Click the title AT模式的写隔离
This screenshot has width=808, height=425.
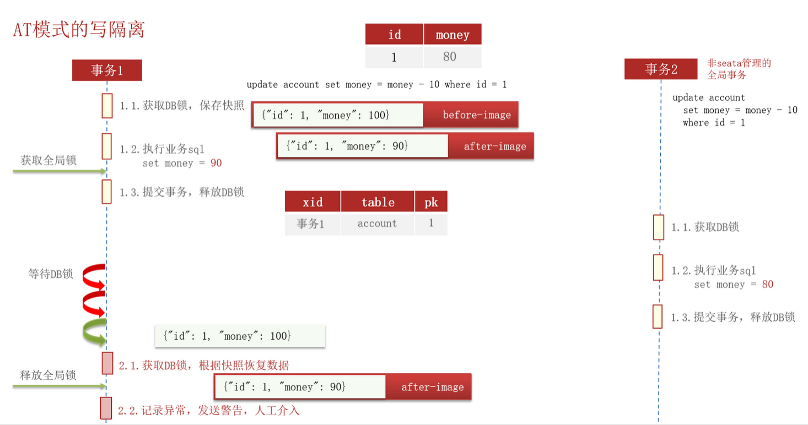[x=79, y=30]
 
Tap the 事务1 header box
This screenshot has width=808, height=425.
[x=107, y=70]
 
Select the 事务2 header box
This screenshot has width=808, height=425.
[x=661, y=69]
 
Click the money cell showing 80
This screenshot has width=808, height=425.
[x=453, y=57]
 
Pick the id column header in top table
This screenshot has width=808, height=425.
[x=394, y=35]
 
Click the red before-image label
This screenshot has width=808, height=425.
[x=476, y=115]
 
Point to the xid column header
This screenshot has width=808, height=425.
[x=313, y=202]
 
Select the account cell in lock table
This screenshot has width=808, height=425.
[x=377, y=224]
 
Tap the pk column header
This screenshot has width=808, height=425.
[x=431, y=202]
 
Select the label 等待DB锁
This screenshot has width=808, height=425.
[x=51, y=274]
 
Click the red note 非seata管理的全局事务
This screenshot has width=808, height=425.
[x=739, y=69]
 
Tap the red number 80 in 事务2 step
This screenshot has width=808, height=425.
[x=767, y=285]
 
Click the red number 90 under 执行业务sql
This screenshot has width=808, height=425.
[x=216, y=164]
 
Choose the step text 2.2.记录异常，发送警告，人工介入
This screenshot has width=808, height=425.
[x=208, y=411]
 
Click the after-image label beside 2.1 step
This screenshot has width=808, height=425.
[x=432, y=387]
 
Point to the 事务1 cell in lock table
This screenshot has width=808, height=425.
[x=311, y=224]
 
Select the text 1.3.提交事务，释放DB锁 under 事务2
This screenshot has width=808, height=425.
[x=733, y=317]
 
